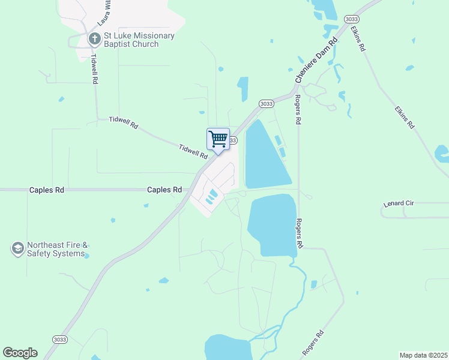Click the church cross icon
point(94,40)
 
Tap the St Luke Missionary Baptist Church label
point(139,40)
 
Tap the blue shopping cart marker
point(218,139)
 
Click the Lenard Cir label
point(399,204)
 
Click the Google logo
point(20,353)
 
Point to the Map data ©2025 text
point(424,355)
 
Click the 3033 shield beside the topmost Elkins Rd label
point(352,19)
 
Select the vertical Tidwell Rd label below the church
point(95,68)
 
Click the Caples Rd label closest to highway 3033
point(164,190)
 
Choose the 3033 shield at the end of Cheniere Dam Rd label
point(267,103)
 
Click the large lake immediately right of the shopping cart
point(265,155)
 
